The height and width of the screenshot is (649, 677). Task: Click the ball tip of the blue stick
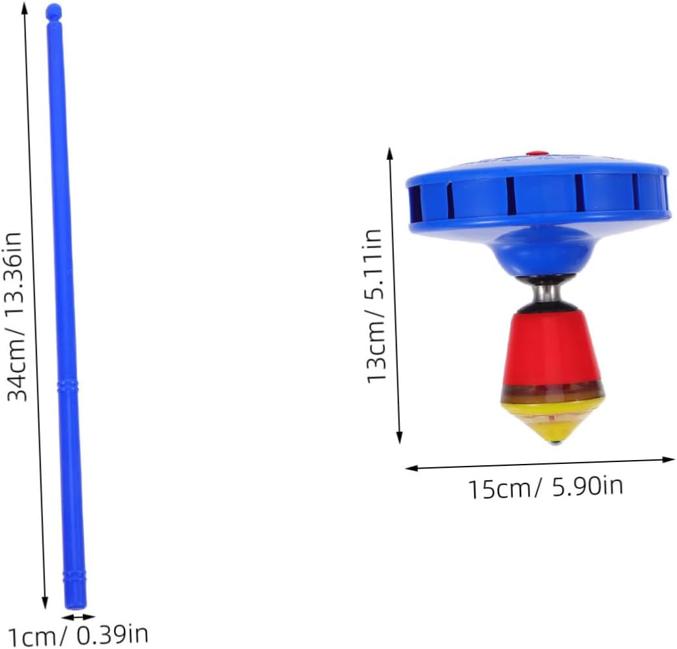click(53, 10)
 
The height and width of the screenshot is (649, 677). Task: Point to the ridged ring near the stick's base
click(75, 577)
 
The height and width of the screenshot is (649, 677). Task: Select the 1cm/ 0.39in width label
click(78, 634)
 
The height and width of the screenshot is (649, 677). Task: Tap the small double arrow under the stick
click(78, 616)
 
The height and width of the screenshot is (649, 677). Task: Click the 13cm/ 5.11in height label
click(374, 306)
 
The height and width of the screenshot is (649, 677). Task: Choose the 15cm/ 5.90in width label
click(546, 487)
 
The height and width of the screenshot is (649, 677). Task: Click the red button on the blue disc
click(537, 153)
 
